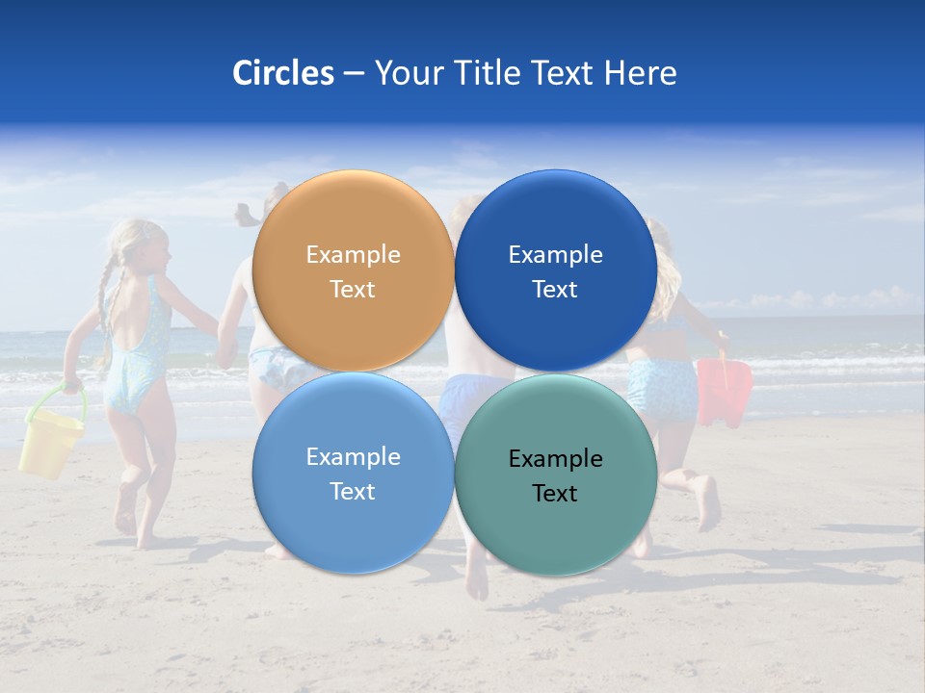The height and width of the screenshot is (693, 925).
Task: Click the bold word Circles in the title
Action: (283, 73)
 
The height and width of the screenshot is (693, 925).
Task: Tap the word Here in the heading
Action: (640, 73)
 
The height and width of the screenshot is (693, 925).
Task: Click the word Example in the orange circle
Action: (353, 255)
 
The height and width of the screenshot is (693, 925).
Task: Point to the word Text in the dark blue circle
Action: (555, 290)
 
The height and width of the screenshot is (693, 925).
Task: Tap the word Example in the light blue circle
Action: (353, 457)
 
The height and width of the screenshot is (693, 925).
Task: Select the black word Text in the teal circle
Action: (555, 494)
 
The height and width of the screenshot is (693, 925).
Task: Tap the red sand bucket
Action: (725, 390)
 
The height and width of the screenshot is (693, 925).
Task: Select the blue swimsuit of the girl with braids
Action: (135, 356)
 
